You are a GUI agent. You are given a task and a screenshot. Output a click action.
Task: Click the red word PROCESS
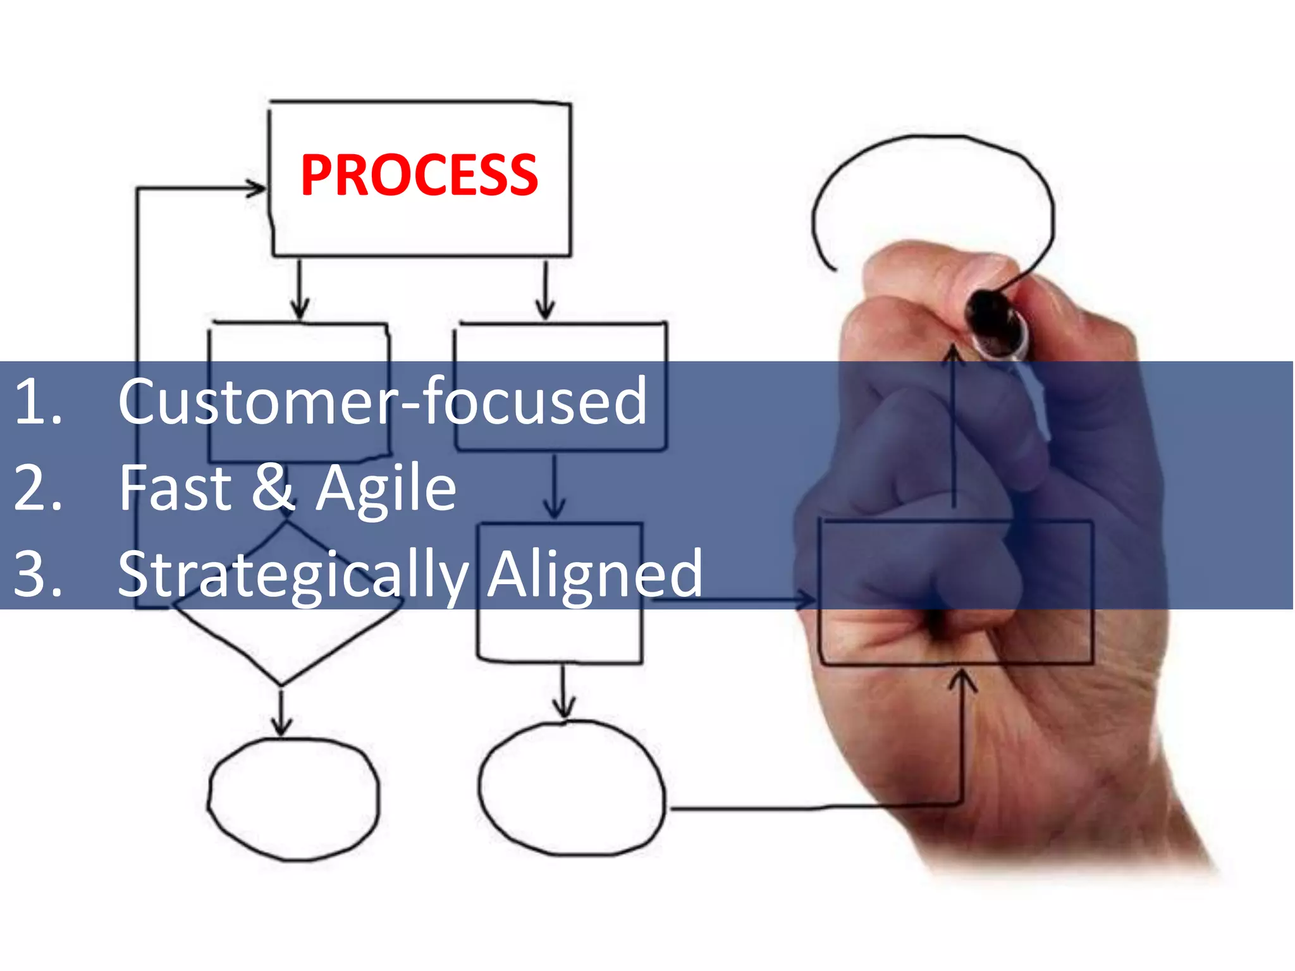tap(419, 175)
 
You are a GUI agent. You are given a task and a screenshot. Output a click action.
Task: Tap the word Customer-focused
tap(383, 401)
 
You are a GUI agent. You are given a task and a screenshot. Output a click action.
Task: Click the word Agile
tap(386, 488)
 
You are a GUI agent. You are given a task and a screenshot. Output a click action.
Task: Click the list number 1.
tap(37, 401)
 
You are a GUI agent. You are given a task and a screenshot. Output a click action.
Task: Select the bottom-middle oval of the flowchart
tap(572, 788)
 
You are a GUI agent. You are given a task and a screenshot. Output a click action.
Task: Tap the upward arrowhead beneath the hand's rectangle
tap(962, 680)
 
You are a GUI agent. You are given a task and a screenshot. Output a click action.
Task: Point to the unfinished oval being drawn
tap(933, 190)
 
